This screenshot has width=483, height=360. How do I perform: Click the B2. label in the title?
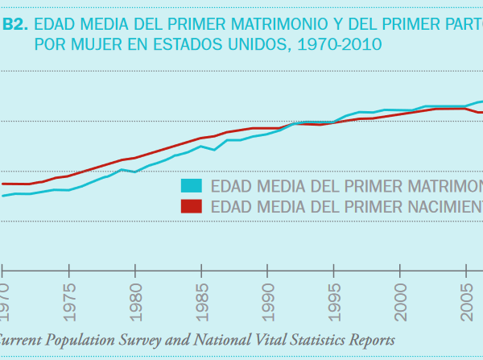(x=15, y=25)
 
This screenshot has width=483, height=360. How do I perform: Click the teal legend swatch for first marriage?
(x=192, y=185)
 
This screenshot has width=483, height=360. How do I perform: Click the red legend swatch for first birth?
(x=192, y=205)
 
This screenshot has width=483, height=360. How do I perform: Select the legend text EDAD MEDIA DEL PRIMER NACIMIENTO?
(x=346, y=206)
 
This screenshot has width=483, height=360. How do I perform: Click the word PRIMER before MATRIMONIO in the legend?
(x=366, y=185)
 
